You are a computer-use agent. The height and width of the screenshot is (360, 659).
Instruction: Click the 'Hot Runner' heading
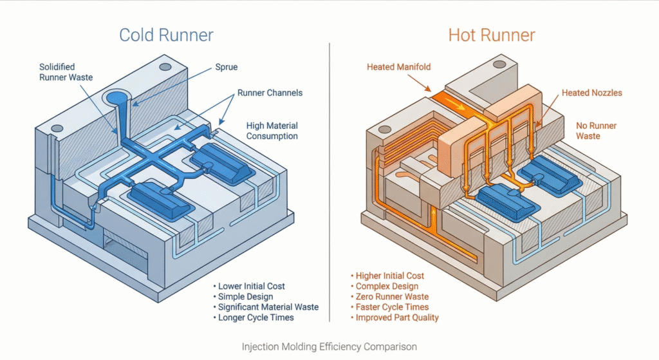(491, 34)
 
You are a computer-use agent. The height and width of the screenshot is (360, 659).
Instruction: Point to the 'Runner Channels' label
(270, 93)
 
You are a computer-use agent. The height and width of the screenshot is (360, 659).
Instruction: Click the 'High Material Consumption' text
(272, 131)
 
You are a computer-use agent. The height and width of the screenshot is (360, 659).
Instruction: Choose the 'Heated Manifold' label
(399, 66)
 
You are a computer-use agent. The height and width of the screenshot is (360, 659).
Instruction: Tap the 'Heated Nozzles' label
(592, 93)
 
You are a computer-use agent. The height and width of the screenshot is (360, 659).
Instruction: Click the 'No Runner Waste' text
(588, 131)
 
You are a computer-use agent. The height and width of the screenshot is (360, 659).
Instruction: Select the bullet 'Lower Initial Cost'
(251, 286)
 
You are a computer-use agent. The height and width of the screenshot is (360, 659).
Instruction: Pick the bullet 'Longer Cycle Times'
(255, 317)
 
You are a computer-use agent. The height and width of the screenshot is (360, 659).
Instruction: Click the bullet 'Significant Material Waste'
(268, 307)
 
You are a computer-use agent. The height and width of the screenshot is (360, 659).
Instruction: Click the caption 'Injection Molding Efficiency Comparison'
(329, 347)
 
